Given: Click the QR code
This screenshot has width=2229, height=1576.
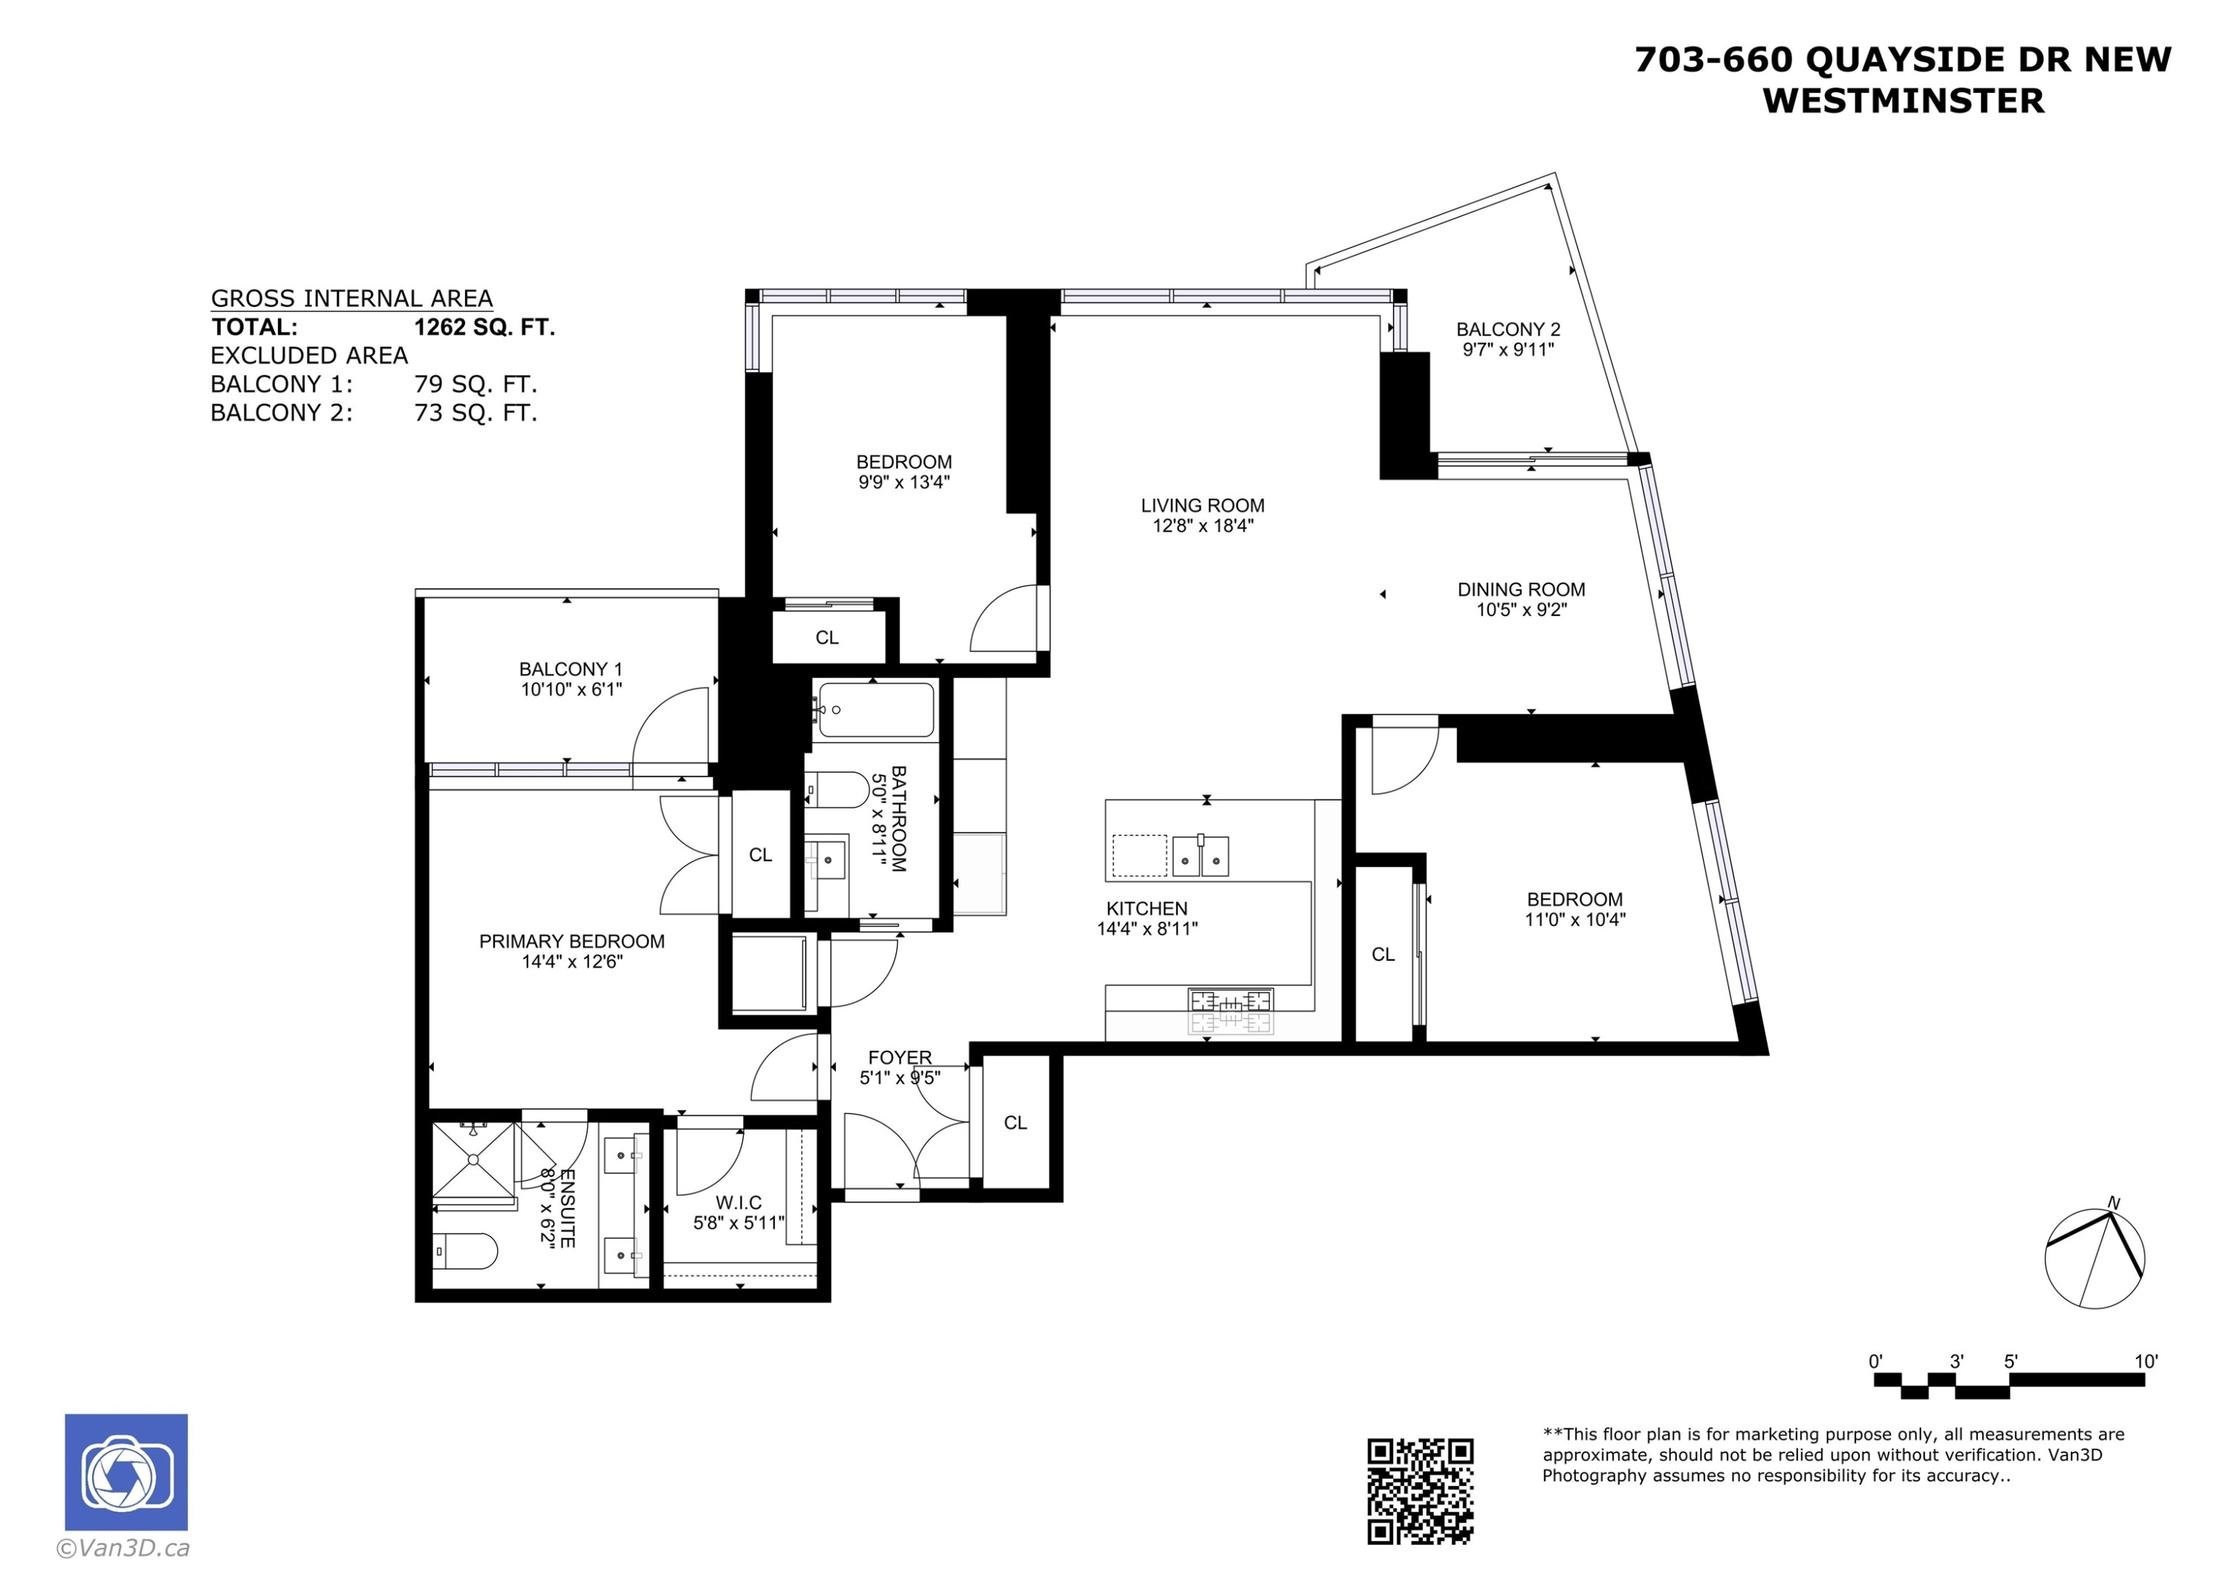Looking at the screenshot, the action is (1421, 1491).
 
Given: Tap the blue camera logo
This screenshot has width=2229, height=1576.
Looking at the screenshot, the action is (126, 1472).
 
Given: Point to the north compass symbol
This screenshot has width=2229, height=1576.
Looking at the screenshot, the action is (2094, 1257).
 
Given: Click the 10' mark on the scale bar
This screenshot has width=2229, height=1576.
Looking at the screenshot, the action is (2147, 1361).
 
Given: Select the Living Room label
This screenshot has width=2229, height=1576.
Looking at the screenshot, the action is (1203, 505).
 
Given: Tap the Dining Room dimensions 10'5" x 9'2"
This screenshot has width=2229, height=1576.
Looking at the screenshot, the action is (1521, 610).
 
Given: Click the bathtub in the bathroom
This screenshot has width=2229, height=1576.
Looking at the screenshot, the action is (877, 710).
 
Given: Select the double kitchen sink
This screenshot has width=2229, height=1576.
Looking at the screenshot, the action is (1201, 855).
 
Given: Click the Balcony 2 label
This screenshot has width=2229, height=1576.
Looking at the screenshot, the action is (1508, 329).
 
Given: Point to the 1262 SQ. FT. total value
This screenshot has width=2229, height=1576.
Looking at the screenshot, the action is (484, 327).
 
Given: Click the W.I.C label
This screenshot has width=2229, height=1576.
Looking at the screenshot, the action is (739, 1203).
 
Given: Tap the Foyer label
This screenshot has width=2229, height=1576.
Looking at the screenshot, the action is (900, 1057).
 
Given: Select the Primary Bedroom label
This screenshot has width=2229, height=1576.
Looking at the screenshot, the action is (572, 941).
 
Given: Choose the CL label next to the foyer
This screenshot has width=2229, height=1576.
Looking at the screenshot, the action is (1016, 1123).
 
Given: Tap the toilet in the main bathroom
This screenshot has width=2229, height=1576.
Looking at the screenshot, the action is (837, 789).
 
